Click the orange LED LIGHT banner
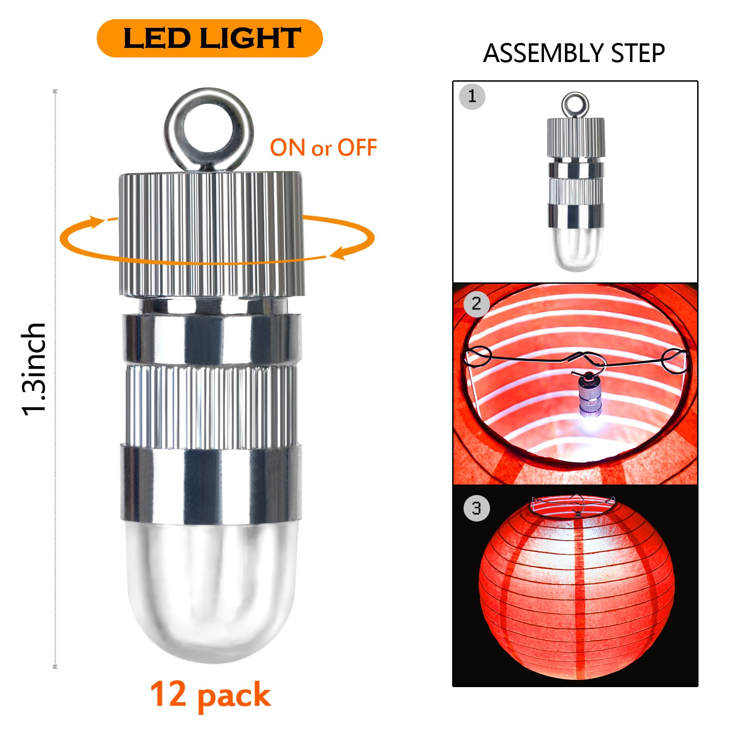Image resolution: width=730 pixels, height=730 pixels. pyautogui.click(x=209, y=38)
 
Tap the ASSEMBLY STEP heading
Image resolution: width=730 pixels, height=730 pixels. pyautogui.click(x=574, y=53)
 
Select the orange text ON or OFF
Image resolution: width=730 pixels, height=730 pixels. pyautogui.click(x=323, y=148)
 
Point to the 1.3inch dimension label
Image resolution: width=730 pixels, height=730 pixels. pyautogui.click(x=34, y=369)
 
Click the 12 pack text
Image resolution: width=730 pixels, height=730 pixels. pyautogui.click(x=210, y=695)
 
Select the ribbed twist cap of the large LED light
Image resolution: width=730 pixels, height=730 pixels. pyautogui.click(x=212, y=234)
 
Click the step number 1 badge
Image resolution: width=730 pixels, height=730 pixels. pyautogui.click(x=472, y=96)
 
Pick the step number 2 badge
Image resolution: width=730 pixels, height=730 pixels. pyautogui.click(x=476, y=303)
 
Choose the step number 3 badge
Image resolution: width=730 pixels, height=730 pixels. pyautogui.click(x=476, y=508)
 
